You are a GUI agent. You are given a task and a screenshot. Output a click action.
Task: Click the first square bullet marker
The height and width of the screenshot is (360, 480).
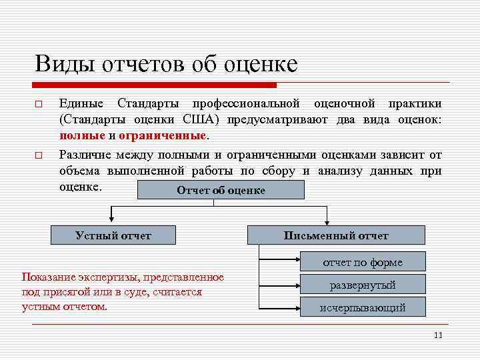click(39, 105)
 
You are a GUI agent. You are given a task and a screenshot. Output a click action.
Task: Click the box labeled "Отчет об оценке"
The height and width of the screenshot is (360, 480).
click(220, 190)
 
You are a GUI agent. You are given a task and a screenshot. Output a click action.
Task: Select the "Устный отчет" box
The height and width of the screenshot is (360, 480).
click(113, 235)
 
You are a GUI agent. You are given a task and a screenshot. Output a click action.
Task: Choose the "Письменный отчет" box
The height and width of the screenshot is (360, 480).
click(335, 235)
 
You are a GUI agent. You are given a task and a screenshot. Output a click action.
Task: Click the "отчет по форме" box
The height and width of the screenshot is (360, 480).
click(363, 262)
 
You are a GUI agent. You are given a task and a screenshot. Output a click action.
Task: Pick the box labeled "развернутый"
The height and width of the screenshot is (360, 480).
click(363, 285)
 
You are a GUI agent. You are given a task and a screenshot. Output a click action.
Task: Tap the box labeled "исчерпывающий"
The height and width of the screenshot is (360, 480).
click(363, 307)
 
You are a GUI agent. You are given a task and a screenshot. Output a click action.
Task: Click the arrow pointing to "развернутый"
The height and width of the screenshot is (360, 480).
click(280, 285)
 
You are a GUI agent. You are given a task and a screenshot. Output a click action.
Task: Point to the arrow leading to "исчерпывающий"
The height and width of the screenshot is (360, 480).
click(280, 307)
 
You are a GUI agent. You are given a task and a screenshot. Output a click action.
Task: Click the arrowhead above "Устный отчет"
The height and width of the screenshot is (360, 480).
click(109, 221)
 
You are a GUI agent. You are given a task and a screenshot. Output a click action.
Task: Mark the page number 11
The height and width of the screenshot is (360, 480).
click(437, 335)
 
